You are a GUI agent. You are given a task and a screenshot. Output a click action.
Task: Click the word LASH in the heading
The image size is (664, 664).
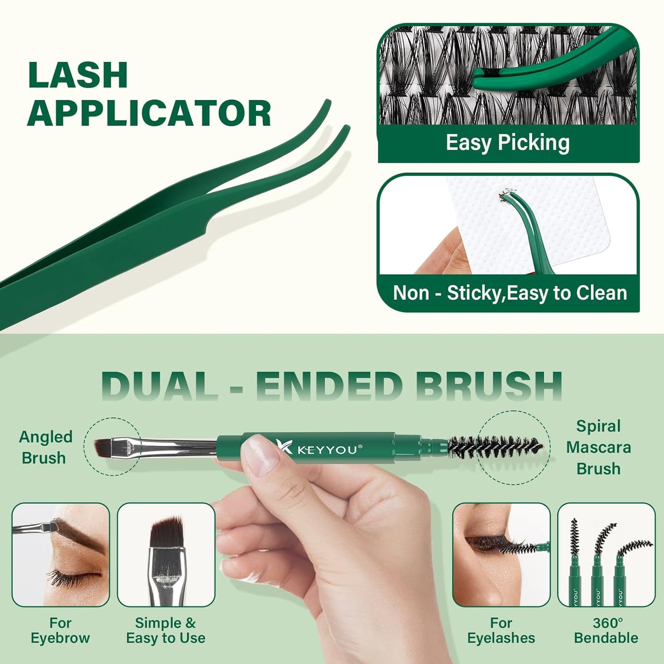[77, 75]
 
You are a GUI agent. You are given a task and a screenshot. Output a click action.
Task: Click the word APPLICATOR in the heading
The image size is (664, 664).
[149, 113]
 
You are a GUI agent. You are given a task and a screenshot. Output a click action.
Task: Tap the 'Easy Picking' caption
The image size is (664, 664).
[507, 143]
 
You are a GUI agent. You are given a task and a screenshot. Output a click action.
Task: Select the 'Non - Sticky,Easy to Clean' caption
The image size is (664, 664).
[510, 293]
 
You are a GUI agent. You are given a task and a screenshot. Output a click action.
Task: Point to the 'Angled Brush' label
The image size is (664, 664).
[45, 447]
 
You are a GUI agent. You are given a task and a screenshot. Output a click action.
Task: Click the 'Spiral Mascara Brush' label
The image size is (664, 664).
[598, 447]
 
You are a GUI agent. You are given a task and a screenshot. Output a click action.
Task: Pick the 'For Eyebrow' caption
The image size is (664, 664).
[60, 630]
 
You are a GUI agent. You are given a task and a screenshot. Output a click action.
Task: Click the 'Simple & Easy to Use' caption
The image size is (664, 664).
[165, 630]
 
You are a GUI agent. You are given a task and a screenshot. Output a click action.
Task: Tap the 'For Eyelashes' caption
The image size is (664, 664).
[501, 630]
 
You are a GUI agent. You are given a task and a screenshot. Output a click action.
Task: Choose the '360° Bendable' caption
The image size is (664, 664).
[606, 630]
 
